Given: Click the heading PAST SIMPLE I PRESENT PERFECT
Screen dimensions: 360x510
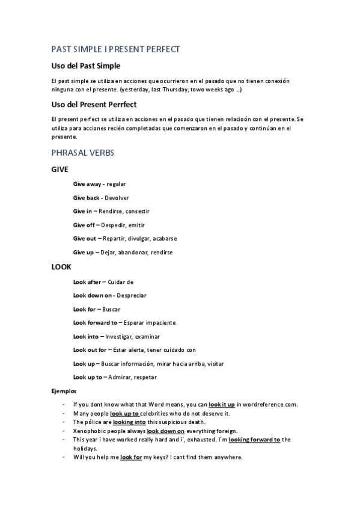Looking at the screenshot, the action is click(x=115, y=49).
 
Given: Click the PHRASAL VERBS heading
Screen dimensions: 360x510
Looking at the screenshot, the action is click(x=83, y=153).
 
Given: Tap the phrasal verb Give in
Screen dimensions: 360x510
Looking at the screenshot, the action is click(x=82, y=211).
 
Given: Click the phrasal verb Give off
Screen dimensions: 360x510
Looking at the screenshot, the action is click(x=84, y=225).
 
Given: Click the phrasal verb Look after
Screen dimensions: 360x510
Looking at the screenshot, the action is click(x=87, y=281).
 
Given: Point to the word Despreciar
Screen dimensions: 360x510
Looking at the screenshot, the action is click(x=132, y=295).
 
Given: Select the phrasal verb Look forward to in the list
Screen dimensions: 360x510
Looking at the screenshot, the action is click(x=95, y=322).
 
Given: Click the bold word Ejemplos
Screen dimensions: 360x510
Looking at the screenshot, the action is click(x=63, y=392).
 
